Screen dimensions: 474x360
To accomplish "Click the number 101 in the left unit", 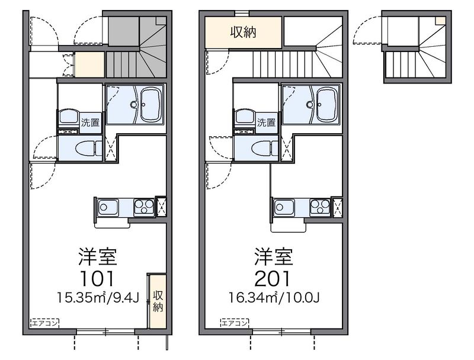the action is tap(97, 278).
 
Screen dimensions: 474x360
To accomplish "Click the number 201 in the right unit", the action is tap(273, 278).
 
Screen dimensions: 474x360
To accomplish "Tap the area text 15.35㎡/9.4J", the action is tap(98, 298).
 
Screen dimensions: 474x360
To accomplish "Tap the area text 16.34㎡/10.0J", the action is tap(274, 298).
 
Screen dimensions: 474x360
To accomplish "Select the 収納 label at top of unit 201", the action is tap(244, 32).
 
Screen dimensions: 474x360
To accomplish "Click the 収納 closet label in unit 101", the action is tap(158, 301).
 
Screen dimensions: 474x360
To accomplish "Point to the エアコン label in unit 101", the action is tap(45, 323).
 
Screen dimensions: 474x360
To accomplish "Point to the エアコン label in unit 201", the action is tap(235, 323).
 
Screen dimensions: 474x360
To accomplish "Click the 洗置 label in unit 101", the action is tap(90, 123).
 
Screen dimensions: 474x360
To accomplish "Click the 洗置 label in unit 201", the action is tap(266, 123).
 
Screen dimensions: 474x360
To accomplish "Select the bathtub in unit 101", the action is tap(152, 105).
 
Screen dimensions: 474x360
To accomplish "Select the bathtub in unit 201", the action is tap(326, 105).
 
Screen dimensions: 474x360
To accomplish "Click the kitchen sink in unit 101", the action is tap(108, 207).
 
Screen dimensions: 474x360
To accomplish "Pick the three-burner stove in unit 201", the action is tap(320, 207).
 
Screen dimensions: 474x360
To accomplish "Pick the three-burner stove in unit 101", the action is tap(144, 207).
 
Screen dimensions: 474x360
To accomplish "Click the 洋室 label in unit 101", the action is tap(97, 256).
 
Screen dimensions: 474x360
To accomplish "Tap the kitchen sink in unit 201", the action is tap(284, 207).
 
